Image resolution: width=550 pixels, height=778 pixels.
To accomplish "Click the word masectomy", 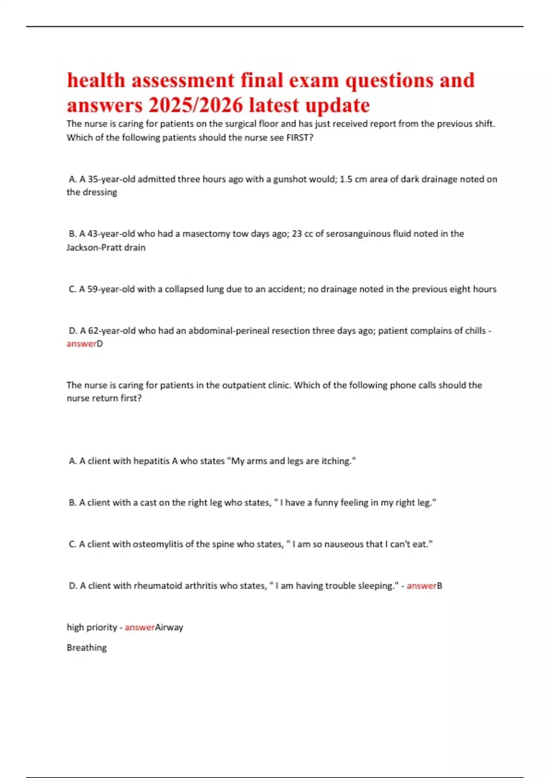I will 206,234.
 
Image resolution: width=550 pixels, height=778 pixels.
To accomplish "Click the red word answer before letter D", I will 81,344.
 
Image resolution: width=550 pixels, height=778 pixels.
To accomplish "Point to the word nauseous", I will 341,544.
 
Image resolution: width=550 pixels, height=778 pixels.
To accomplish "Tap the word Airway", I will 169,627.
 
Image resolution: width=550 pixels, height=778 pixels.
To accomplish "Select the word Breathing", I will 87,648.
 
